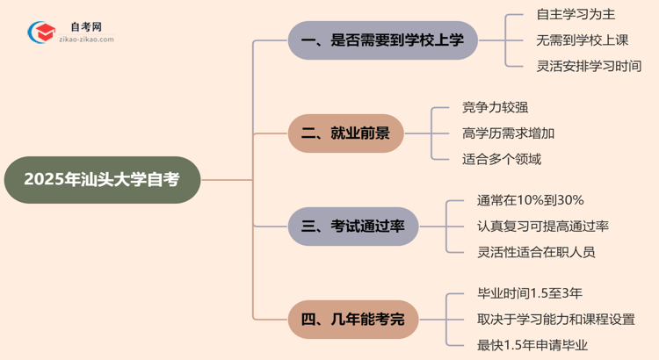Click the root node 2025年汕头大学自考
[102, 180]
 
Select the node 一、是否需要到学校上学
[383, 40]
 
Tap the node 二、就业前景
[346, 133]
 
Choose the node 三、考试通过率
[353, 227]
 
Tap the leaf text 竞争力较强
[495, 108]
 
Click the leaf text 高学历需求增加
[508, 133]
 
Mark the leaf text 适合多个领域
[502, 159]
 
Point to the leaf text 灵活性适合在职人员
[536, 252]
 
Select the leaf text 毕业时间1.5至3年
[532, 293]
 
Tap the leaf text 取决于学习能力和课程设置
[555, 319]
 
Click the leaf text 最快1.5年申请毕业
[532, 344]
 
